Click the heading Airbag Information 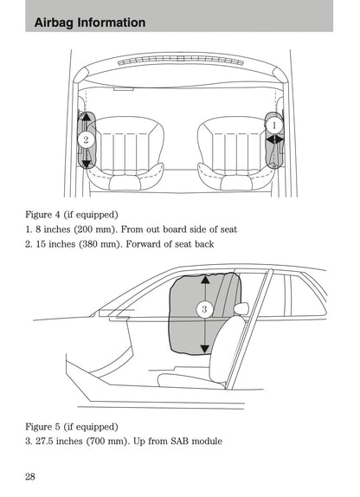[x=91, y=23]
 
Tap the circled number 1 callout [x=274, y=126]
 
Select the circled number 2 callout [x=85, y=139]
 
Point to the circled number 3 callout [x=204, y=309]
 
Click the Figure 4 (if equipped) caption [x=73, y=213]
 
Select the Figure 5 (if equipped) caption [x=73, y=426]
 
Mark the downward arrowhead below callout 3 [x=204, y=348]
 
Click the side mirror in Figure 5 [x=240, y=307]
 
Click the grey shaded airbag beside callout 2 [x=86, y=156]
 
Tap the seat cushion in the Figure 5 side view [x=186, y=378]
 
